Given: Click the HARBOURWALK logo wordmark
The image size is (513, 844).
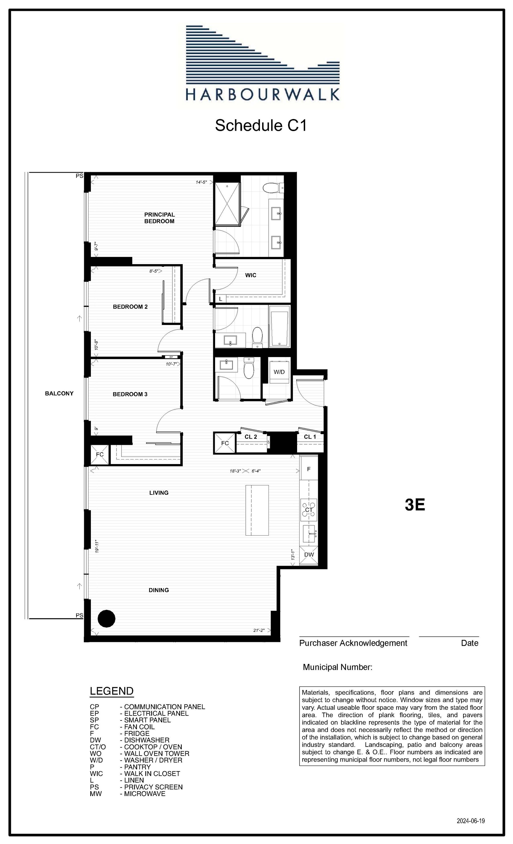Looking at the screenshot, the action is coord(263,94).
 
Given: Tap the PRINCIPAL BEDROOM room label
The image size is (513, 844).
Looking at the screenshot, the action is coord(160,218).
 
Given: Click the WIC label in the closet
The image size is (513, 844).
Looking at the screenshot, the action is coord(251,275).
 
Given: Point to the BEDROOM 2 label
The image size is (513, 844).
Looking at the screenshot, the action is coord(130,307).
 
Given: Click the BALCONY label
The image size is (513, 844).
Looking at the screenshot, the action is coord(59,393).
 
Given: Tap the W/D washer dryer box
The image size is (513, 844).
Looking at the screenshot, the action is coord(279,372).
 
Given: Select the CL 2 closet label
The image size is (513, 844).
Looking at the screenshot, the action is coord(251,437).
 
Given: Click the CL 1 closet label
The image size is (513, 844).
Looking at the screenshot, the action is coord(310,437).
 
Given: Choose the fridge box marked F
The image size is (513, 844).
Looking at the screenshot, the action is coord(309,469).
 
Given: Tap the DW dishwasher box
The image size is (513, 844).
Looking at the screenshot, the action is coord(309,554).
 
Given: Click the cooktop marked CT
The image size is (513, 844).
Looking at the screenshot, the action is coord(309,510).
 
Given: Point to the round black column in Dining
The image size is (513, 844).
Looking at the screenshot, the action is coord(106,619).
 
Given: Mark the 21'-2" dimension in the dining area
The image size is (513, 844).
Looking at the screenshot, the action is coord(259,630).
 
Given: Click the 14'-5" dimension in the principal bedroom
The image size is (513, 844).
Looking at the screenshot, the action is coord(201,182).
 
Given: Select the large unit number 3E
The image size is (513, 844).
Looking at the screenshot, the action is coord(415,505).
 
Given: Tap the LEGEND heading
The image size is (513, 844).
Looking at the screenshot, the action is coord(111,691).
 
